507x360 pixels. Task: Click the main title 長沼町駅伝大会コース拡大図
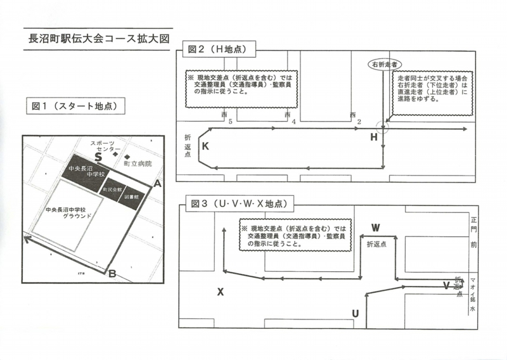pyautogui.click(x=96, y=38)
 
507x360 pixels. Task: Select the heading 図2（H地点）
pyautogui.click(x=217, y=48)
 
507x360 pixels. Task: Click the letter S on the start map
pyautogui.click(x=98, y=155)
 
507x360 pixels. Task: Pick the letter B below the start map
pyautogui.click(x=112, y=274)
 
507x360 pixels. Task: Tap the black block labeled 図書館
pyautogui.click(x=131, y=196)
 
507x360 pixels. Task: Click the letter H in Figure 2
pyautogui.click(x=374, y=138)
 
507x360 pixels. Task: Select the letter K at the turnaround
pyautogui.click(x=205, y=146)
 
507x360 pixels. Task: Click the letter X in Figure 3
pyautogui.click(x=221, y=292)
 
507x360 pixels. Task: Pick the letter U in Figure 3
pyautogui.click(x=355, y=313)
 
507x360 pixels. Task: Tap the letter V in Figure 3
pyautogui.click(x=446, y=285)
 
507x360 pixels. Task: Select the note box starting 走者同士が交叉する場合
pyautogui.click(x=433, y=88)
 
